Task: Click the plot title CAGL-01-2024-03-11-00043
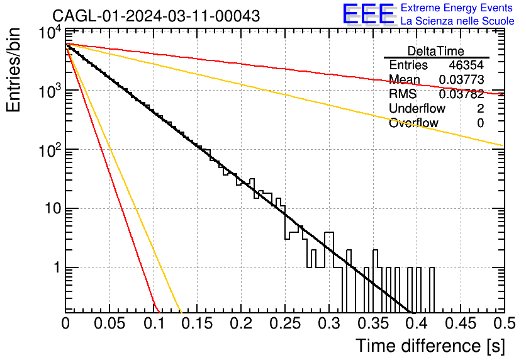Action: (x=156, y=16)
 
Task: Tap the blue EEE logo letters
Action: (x=368, y=14)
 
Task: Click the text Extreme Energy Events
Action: (x=457, y=8)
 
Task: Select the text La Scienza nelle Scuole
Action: (x=457, y=21)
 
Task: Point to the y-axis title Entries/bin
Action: (x=13, y=70)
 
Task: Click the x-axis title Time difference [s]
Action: (x=430, y=346)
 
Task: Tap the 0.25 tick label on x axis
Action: (x=285, y=323)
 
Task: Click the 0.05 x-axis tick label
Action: (x=109, y=323)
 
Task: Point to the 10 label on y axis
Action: (x=53, y=209)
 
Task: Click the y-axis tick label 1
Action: (x=57, y=267)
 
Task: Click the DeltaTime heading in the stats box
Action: (x=436, y=51)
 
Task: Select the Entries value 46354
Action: (x=466, y=65)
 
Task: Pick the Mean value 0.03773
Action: (x=462, y=79)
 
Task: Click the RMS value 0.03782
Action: (x=462, y=94)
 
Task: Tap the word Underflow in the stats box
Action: (x=417, y=108)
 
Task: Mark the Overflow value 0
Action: (x=480, y=123)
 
